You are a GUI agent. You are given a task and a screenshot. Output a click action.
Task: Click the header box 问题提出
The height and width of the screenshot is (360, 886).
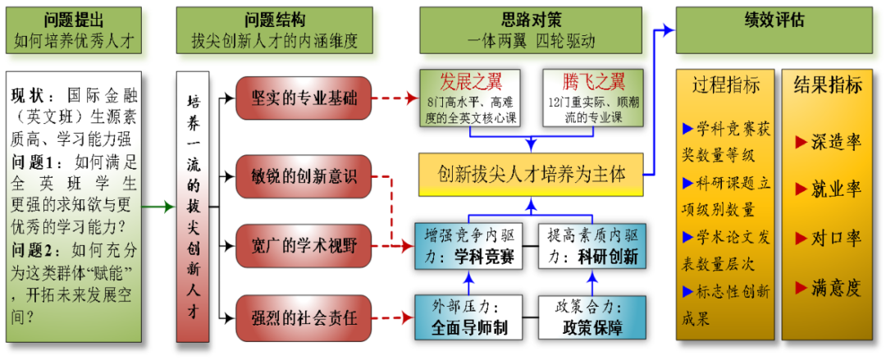73,30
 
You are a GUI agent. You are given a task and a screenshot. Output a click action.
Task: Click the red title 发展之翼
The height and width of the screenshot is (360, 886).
469,82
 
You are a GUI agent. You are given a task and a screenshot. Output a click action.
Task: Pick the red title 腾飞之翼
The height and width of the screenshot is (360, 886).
593,82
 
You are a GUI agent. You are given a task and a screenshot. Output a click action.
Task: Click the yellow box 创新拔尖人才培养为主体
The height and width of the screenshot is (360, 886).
531,174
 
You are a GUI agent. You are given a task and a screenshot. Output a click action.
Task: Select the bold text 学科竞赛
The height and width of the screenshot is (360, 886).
484,257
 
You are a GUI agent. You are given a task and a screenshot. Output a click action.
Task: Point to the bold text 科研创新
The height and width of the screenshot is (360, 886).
608,257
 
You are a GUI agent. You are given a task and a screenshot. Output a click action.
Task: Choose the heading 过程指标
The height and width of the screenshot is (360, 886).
725,86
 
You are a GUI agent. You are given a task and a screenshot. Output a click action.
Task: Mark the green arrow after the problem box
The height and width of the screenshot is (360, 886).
160,207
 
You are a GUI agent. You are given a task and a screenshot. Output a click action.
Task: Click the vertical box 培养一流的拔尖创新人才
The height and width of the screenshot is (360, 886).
194,207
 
